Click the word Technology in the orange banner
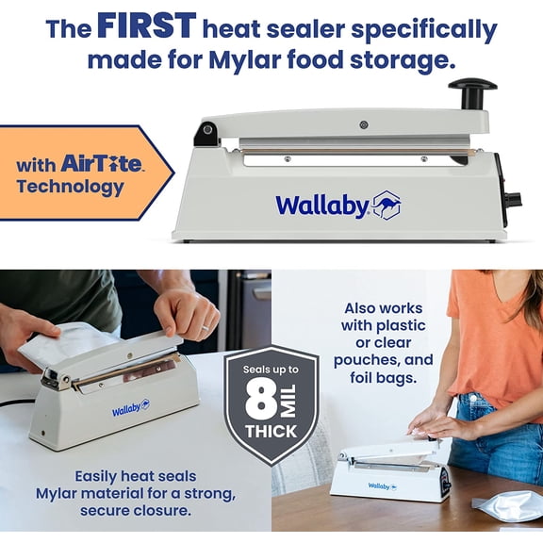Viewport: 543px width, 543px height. (x=70, y=187)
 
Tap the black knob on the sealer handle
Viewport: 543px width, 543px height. (x=471, y=90)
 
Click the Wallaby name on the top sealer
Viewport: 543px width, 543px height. (x=321, y=205)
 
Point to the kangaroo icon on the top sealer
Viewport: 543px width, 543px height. (x=387, y=205)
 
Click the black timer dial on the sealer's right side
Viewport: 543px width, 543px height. (x=513, y=200)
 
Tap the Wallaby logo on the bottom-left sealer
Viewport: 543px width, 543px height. (x=131, y=408)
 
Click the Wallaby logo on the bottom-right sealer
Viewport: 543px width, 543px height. (x=379, y=486)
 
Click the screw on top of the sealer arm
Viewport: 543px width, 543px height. (x=363, y=124)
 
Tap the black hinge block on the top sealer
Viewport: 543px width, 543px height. (x=206, y=135)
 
